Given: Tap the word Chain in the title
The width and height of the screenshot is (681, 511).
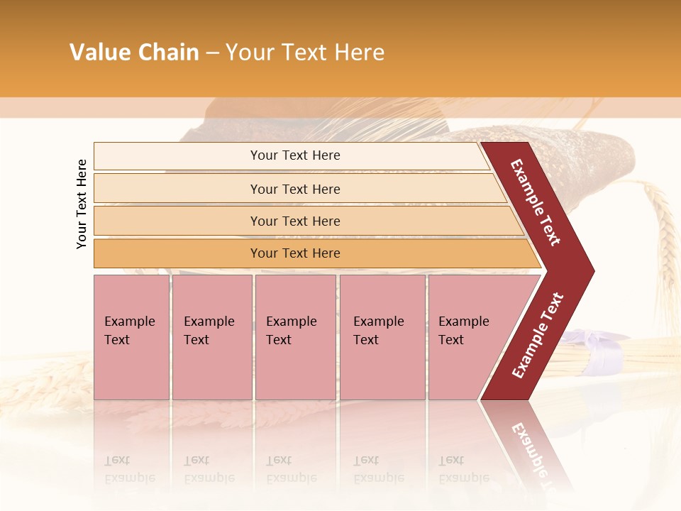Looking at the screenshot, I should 169,53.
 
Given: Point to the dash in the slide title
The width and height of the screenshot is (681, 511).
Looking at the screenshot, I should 212,53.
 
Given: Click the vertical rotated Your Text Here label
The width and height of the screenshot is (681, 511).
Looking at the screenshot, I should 82,204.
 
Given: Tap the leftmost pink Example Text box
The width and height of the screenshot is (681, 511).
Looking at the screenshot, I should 131,337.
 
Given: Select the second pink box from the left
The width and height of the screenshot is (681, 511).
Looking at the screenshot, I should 212,337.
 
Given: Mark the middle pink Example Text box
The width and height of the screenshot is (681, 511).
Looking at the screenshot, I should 295,337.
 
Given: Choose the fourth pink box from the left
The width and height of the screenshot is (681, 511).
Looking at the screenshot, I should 382,337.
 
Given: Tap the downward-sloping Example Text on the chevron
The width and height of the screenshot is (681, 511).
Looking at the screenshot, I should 536,202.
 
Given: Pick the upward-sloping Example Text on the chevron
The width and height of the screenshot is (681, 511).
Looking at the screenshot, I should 538,336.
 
